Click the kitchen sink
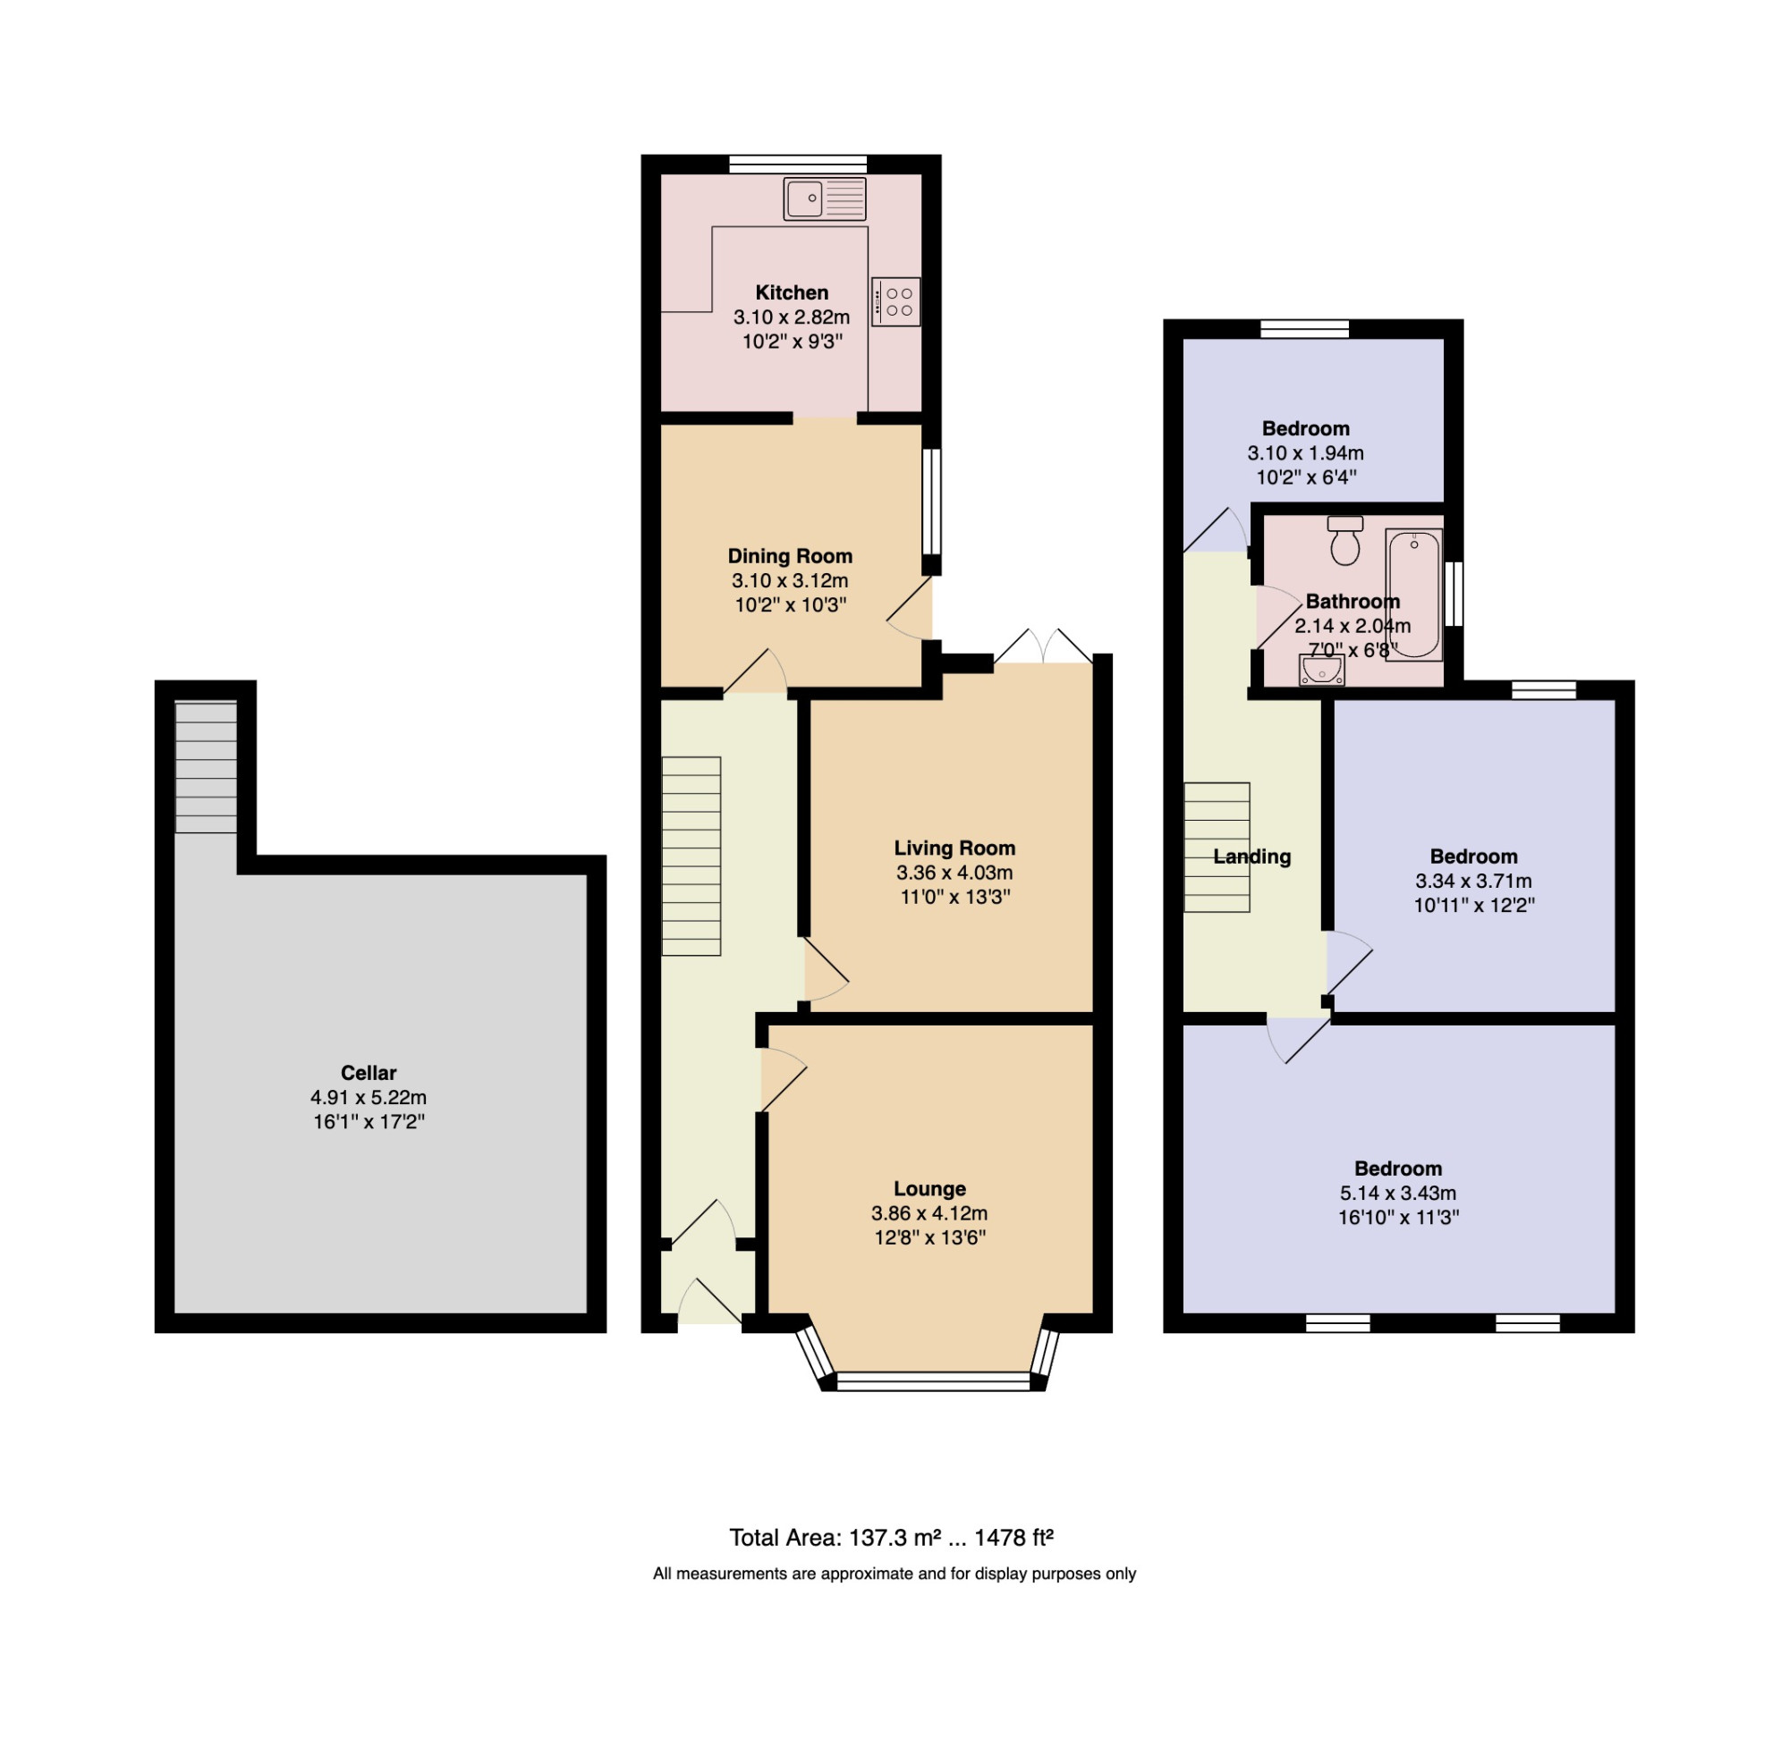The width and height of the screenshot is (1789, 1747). [824, 199]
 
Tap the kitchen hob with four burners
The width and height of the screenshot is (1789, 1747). [896, 302]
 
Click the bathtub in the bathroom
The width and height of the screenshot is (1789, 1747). [1413, 595]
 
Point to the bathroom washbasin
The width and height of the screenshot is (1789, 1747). [1322, 671]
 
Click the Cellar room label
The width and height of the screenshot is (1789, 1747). [368, 1073]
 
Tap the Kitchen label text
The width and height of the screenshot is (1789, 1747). [792, 292]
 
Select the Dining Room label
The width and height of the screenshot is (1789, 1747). [790, 556]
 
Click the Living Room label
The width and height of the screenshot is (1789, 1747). [954, 848]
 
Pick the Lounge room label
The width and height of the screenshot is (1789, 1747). [930, 1188]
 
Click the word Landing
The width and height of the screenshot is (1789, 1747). [1252, 857]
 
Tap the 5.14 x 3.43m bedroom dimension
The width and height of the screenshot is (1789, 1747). [1398, 1193]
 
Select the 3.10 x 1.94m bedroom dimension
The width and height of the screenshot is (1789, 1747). [1305, 452]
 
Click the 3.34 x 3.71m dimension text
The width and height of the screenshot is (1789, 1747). [1473, 881]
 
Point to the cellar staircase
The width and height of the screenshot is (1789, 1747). [206, 767]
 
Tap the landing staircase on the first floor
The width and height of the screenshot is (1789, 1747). [1217, 847]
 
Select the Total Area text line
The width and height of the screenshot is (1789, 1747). [891, 1538]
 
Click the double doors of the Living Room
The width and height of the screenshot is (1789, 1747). [1044, 646]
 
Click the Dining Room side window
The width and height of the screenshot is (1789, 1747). [932, 501]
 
